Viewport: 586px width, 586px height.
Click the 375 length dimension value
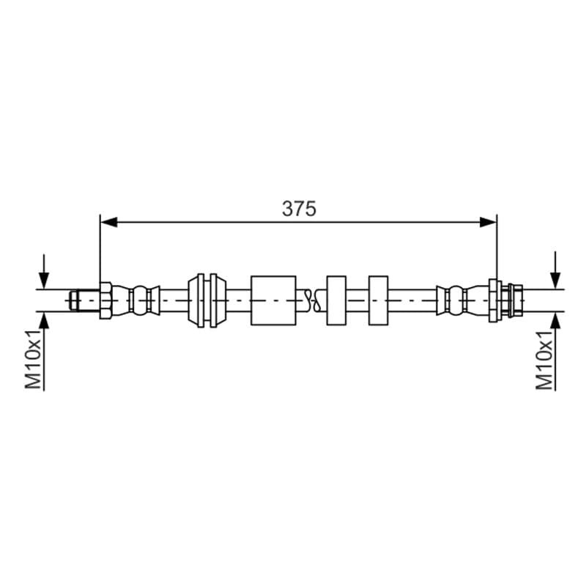[x=299, y=209]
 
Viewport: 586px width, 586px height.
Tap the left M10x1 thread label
[x=33, y=360]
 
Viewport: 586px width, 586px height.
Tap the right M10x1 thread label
[x=544, y=360]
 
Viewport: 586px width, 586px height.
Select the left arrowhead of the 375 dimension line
[x=108, y=223]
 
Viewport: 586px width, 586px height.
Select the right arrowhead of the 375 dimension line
[x=488, y=223]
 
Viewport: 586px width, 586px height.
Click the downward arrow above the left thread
[x=44, y=272]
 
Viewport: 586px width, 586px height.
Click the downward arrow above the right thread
[x=555, y=270]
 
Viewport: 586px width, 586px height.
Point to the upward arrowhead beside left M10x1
[x=44, y=320]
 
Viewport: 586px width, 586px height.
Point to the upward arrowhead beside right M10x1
[x=555, y=320]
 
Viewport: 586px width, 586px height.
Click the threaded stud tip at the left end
[x=74, y=300]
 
